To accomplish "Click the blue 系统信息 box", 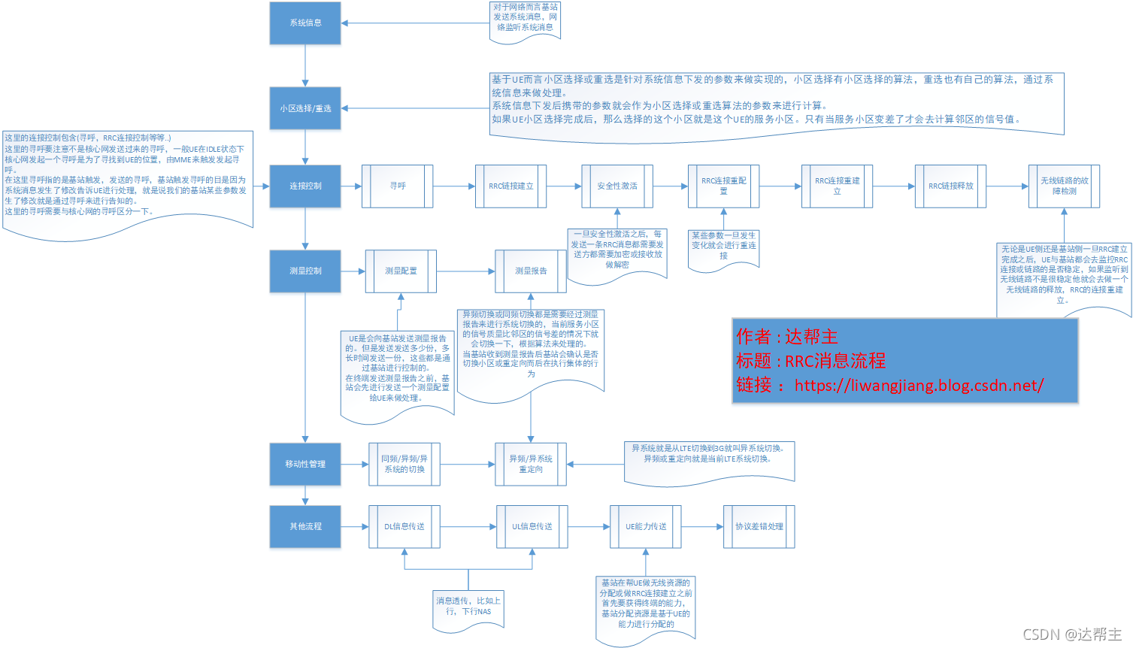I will [305, 23].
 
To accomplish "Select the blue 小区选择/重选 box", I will [305, 108].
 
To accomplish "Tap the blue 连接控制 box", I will [305, 186].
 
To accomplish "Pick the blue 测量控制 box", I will [305, 271].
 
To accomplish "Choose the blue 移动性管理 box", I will [305, 464].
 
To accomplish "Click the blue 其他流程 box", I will [305, 526].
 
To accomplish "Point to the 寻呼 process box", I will [398, 186].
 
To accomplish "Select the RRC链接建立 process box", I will [511, 186].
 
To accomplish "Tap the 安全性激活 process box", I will [617, 186].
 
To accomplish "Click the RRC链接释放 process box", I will [950, 186].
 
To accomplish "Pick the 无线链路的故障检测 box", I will [1064, 186].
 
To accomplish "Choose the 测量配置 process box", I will [401, 271].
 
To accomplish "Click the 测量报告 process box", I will [531, 271].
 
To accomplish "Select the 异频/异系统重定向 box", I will [531, 464].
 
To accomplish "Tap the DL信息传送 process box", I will [404, 526].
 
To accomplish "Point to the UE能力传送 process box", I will [646, 526].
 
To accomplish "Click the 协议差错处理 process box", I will [759, 526].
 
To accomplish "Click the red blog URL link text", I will [919, 386].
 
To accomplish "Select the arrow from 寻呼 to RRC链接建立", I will [454, 186].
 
